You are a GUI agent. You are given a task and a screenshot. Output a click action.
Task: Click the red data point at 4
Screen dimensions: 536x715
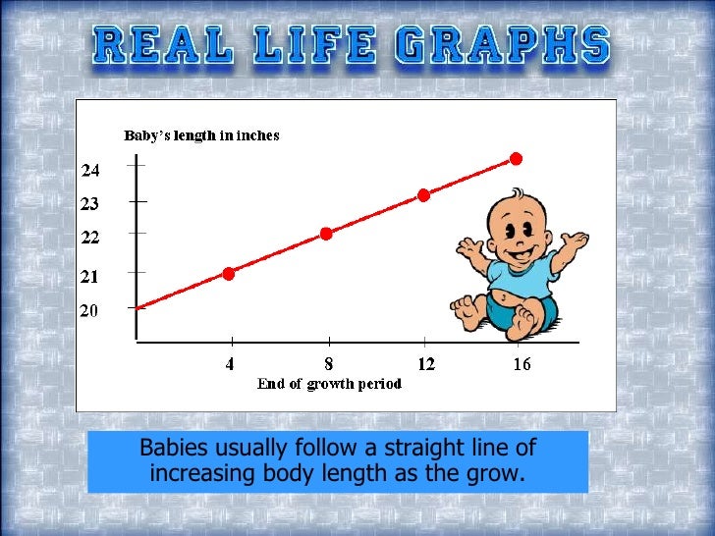[229, 273]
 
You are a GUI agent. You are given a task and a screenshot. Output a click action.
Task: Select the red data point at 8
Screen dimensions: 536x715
[326, 234]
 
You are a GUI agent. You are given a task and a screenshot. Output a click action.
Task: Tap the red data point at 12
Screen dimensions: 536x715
[423, 194]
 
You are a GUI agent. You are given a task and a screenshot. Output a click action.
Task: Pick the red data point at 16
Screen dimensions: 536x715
[516, 158]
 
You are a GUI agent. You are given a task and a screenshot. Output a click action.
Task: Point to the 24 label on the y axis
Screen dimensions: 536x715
[90, 171]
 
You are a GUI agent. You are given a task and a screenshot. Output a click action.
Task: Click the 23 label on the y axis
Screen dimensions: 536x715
[90, 204]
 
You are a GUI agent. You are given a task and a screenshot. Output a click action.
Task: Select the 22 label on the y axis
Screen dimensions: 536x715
[90, 237]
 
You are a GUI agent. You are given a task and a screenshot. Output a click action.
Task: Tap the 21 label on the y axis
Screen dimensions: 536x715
[90, 277]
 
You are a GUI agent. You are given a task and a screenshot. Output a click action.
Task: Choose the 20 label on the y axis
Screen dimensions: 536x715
[90, 310]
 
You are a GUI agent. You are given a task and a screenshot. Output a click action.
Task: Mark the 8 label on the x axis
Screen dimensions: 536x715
[327, 364]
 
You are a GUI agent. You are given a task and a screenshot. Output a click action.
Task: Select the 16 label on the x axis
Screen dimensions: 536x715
[522, 364]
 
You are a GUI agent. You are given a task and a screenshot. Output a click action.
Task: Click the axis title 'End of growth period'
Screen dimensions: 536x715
[329, 384]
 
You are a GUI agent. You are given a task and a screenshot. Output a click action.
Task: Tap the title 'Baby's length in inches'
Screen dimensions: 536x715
[201, 135]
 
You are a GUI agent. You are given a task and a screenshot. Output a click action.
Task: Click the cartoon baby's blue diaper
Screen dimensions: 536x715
[511, 312]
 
